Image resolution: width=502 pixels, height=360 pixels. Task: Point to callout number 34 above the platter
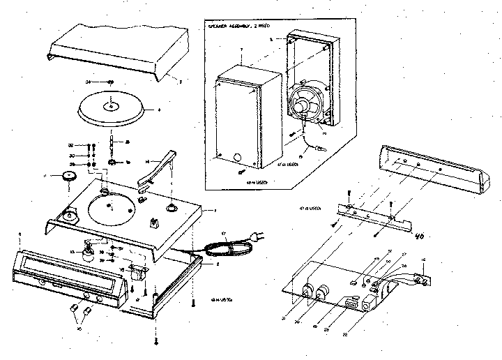[89, 82]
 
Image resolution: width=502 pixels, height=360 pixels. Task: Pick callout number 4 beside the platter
[159, 110]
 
